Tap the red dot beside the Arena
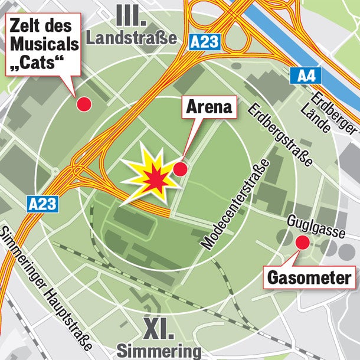click(x=180, y=169)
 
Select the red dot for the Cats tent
click(x=85, y=104)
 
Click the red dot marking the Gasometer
click(x=302, y=242)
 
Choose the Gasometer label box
click(x=309, y=276)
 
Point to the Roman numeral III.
click(x=131, y=15)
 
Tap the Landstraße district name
click(x=132, y=38)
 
